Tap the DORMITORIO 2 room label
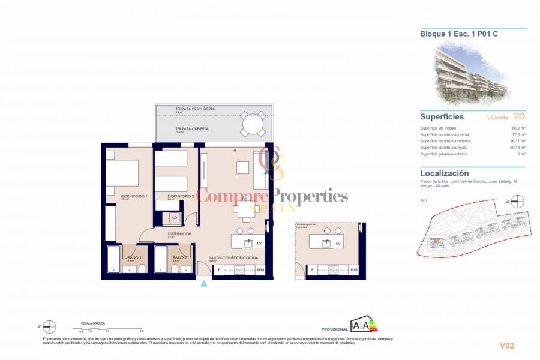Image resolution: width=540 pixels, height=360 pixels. coord(181,196)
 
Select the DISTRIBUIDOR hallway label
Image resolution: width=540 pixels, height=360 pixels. coord(179,234)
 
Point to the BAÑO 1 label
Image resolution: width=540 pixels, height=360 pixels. coord(135,258)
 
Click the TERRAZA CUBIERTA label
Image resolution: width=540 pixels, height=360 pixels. coord(192,128)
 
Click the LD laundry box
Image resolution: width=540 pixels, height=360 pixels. coord(175,218)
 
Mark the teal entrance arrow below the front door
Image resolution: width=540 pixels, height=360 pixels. coord(204,283)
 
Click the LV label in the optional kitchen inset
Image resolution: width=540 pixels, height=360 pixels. coord(338,243)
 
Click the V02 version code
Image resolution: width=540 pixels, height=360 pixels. coord(507,346)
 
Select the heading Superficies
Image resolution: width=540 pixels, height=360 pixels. coord(441,117)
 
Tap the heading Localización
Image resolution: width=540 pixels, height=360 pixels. coord(444,173)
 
